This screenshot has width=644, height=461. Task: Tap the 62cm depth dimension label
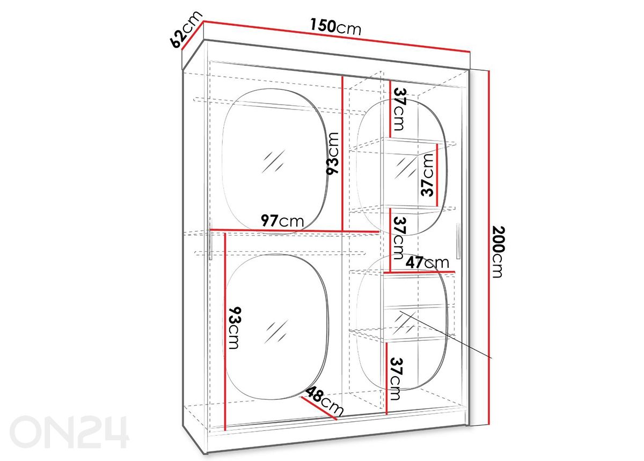[x=186, y=30]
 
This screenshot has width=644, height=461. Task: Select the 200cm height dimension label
[x=498, y=252]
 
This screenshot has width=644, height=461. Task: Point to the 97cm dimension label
[x=282, y=221]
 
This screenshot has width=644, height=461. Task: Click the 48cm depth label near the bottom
[x=325, y=401]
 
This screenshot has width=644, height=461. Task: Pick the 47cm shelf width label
[x=427, y=262]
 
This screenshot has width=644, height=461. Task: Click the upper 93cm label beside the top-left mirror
[x=333, y=153]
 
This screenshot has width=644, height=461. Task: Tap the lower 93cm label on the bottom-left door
[x=235, y=328]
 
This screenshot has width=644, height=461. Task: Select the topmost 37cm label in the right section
[x=400, y=109]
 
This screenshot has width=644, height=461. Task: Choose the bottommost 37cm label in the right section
[x=396, y=378]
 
